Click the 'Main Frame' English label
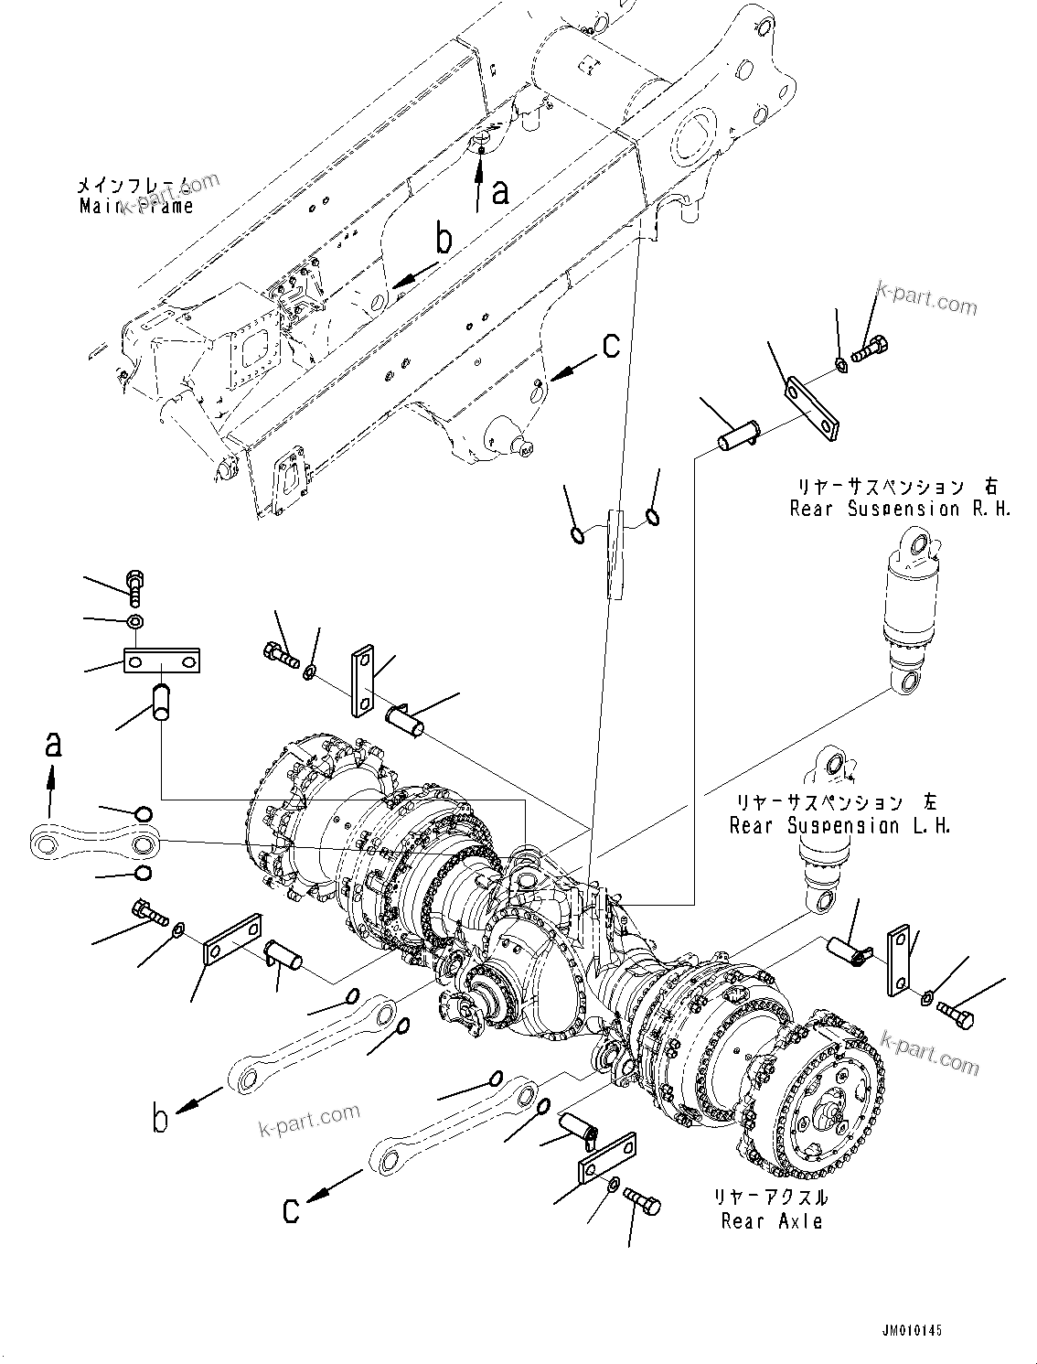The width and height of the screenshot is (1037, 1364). pos(136,206)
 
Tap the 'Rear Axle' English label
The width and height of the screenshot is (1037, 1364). pos(771,1220)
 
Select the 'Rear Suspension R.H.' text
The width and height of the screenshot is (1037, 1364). pos(901,509)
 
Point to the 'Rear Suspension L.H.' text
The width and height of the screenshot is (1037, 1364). pos(839,826)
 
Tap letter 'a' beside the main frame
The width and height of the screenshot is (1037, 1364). pos(499,192)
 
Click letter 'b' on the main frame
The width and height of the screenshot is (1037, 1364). pos(444,241)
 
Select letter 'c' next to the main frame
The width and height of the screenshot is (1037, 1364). pos(611,346)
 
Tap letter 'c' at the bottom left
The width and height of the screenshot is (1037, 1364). pos(291,1209)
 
